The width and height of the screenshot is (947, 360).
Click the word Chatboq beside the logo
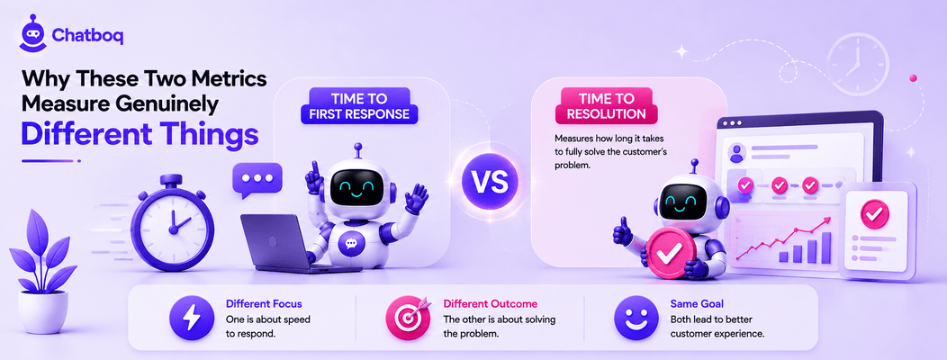click(x=87, y=36)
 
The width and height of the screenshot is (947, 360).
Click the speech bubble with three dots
click(x=257, y=180)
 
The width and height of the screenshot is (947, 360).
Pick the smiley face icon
click(x=636, y=318)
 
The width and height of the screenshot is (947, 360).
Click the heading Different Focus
click(x=264, y=304)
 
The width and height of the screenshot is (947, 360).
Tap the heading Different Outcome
click(x=490, y=304)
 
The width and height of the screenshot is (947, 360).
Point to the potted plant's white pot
click(x=43, y=311)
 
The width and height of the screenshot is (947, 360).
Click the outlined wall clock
click(x=858, y=63)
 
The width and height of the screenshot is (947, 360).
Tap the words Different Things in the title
click(x=140, y=135)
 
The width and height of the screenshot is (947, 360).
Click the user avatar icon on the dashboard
click(x=737, y=153)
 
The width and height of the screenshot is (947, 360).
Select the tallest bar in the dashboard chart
click(x=825, y=247)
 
